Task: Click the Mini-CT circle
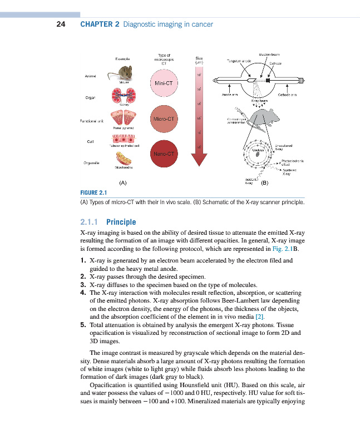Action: (163, 83)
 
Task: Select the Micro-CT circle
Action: (163, 118)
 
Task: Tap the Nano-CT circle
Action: (163, 153)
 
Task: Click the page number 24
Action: (61, 24)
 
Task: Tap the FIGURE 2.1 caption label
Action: (95, 193)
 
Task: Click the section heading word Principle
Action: (121, 222)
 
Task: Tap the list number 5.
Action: (82, 324)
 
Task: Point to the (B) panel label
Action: (265, 182)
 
